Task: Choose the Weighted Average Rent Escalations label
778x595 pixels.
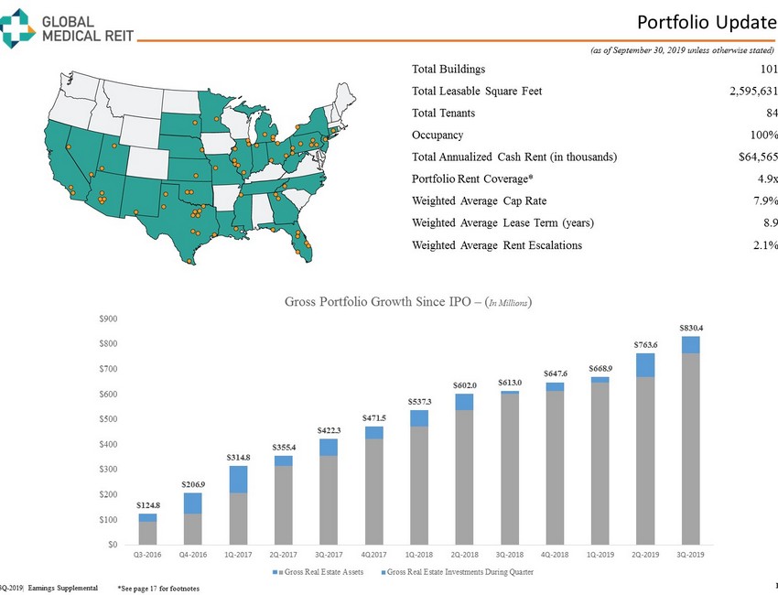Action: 497,245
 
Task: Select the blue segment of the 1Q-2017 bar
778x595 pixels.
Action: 239,480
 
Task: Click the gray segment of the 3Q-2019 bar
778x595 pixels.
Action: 691,449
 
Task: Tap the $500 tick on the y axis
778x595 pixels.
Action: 108,419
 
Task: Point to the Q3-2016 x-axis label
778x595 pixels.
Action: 148,554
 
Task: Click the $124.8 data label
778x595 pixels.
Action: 148,504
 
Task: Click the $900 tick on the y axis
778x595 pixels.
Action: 108,319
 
